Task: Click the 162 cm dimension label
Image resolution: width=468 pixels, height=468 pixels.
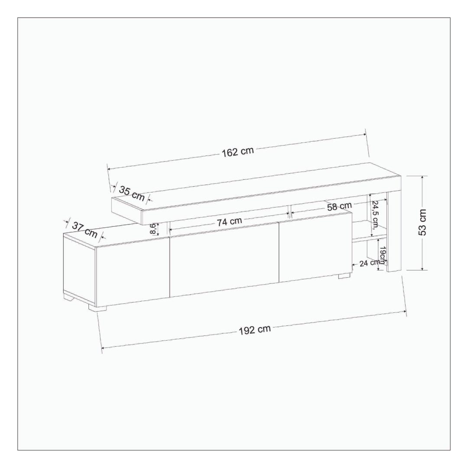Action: coord(237,152)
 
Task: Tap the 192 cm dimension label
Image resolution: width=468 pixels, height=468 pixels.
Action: coord(255,329)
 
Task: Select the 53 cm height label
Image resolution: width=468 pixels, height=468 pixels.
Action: coord(422,222)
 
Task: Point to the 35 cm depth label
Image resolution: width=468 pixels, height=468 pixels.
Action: coord(132,193)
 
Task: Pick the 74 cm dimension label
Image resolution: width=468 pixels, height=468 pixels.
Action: coord(229,221)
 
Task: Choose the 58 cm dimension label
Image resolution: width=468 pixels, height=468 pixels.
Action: coord(339,206)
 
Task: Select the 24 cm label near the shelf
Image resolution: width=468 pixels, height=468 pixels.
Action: coord(370,263)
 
